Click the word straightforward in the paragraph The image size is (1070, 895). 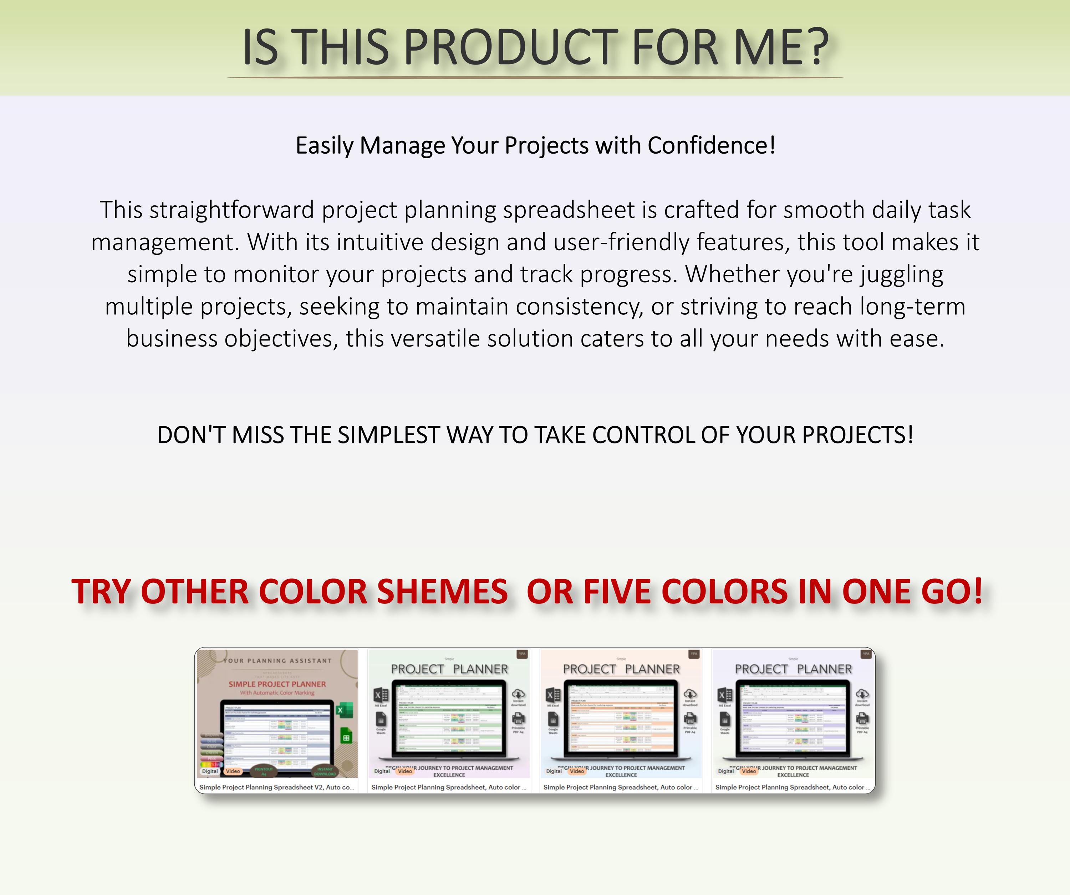[x=232, y=210]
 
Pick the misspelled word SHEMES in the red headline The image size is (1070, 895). [x=442, y=592]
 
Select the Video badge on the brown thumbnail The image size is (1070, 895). [x=233, y=771]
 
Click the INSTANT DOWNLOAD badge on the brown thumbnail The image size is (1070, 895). [x=325, y=771]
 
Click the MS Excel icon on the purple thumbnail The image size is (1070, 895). [x=724, y=695]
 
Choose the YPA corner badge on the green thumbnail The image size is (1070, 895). [x=522, y=654]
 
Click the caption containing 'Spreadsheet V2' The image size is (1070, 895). [x=276, y=787]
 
